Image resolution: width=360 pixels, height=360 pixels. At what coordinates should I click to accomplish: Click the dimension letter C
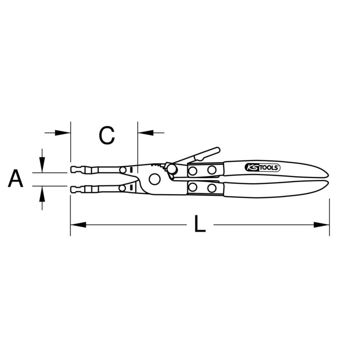[x=107, y=136]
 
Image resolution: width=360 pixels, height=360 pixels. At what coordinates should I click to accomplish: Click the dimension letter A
[x=15, y=179]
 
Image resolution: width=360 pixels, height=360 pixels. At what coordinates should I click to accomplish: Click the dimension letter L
[x=200, y=225]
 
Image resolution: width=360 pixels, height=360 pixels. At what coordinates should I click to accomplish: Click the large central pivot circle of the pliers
[x=154, y=179]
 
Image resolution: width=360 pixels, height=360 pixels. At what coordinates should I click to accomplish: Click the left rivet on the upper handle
[x=193, y=171]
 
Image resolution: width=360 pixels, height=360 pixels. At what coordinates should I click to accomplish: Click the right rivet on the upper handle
[x=212, y=170]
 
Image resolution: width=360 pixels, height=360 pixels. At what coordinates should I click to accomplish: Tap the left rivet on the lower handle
[x=193, y=187]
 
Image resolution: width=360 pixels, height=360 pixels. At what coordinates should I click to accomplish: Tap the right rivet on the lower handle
[x=212, y=188]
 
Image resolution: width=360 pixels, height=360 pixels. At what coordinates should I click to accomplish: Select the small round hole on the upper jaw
[x=123, y=170]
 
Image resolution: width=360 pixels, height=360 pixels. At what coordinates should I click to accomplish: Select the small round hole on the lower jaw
[x=123, y=188]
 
